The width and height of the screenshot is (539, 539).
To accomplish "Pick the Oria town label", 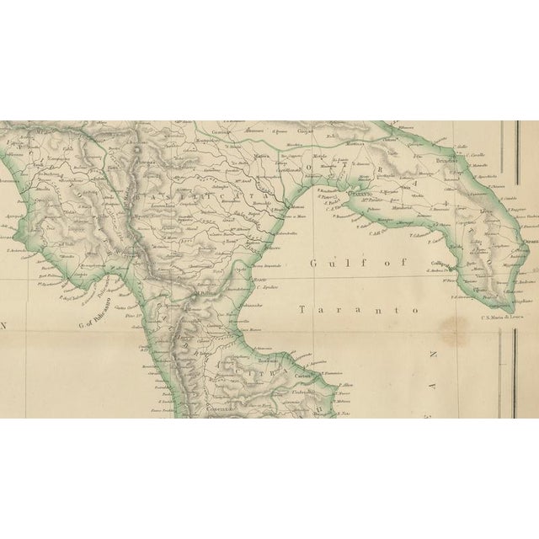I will click(407, 186).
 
